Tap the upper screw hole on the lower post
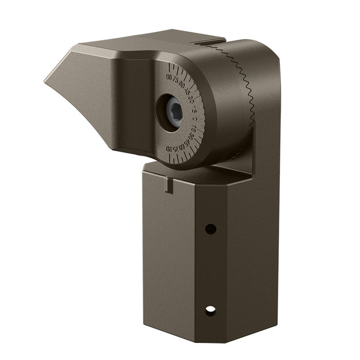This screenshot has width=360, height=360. click(210, 229)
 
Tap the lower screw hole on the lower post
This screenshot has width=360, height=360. click(210, 311)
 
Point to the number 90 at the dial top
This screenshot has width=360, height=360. click(169, 77)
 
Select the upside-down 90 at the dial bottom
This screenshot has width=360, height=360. click(170, 149)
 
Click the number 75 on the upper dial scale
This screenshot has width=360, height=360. click(176, 80)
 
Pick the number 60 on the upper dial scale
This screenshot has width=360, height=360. click(182, 85)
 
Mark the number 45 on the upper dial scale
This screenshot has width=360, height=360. click(188, 92)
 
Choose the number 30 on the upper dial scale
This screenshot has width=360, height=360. click(191, 99)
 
